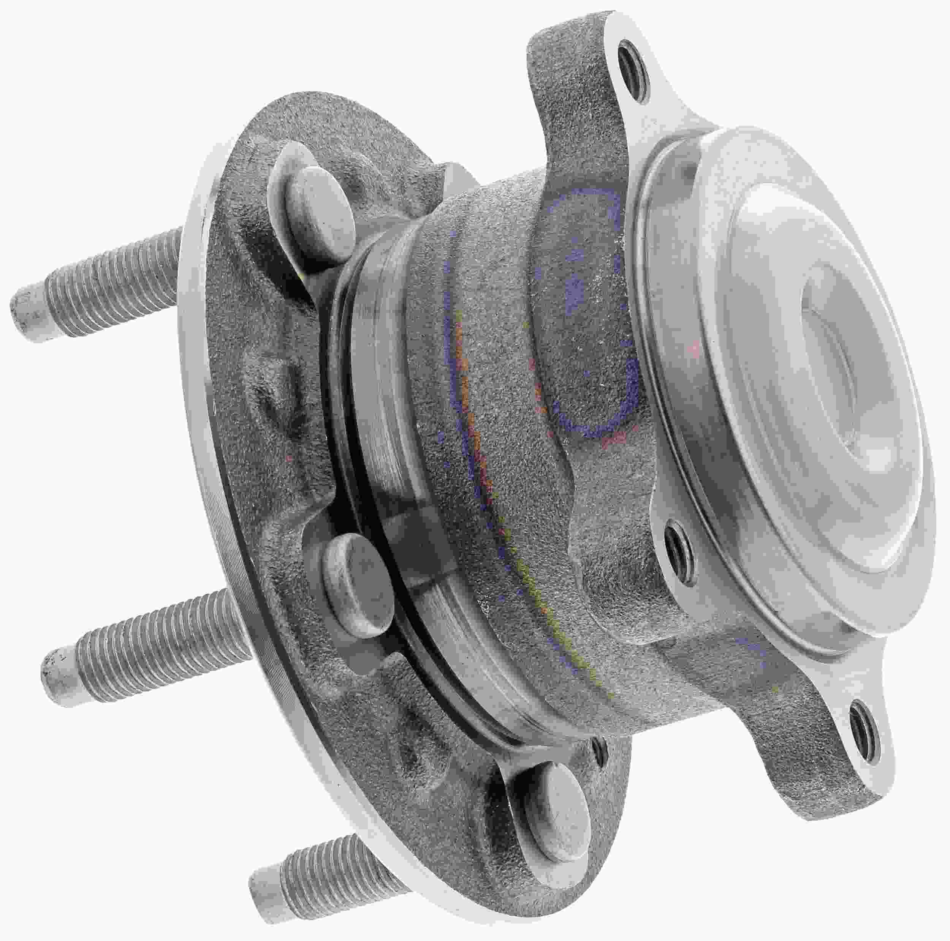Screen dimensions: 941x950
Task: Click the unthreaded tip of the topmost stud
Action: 30,314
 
